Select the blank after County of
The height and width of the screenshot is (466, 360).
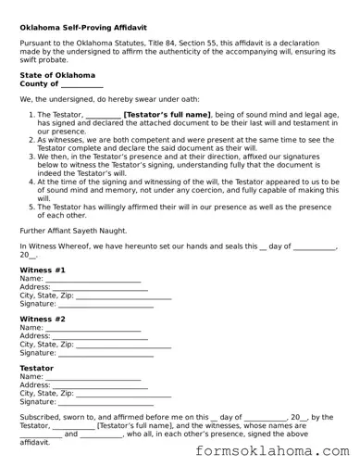81,84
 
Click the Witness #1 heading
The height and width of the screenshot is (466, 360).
43,270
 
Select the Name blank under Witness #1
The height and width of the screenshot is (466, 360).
93,279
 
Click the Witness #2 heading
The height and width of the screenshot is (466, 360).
43,320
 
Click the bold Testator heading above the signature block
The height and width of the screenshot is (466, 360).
37,369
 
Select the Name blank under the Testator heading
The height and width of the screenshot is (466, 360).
93,377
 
